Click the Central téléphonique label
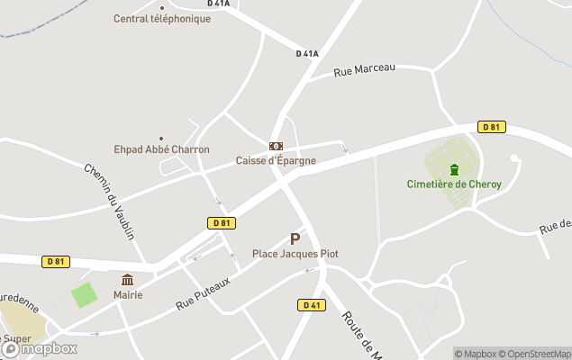[161, 19]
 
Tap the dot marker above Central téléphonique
[162, 7]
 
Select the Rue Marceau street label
[364, 69]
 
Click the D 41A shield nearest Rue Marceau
[307, 54]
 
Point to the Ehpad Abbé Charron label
[162, 149]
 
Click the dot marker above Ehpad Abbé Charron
[162, 139]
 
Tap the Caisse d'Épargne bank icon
[276, 146]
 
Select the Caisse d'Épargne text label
[276, 160]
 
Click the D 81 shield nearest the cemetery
[491, 127]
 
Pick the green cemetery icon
[454, 170]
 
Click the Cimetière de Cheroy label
[454, 184]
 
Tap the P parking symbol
[295, 239]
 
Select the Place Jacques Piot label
[295, 254]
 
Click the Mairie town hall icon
[127, 280]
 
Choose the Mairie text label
[128, 294]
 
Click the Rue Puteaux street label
[203, 293]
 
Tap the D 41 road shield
[312, 305]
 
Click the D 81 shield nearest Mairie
[56, 262]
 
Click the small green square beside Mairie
[84, 295]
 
